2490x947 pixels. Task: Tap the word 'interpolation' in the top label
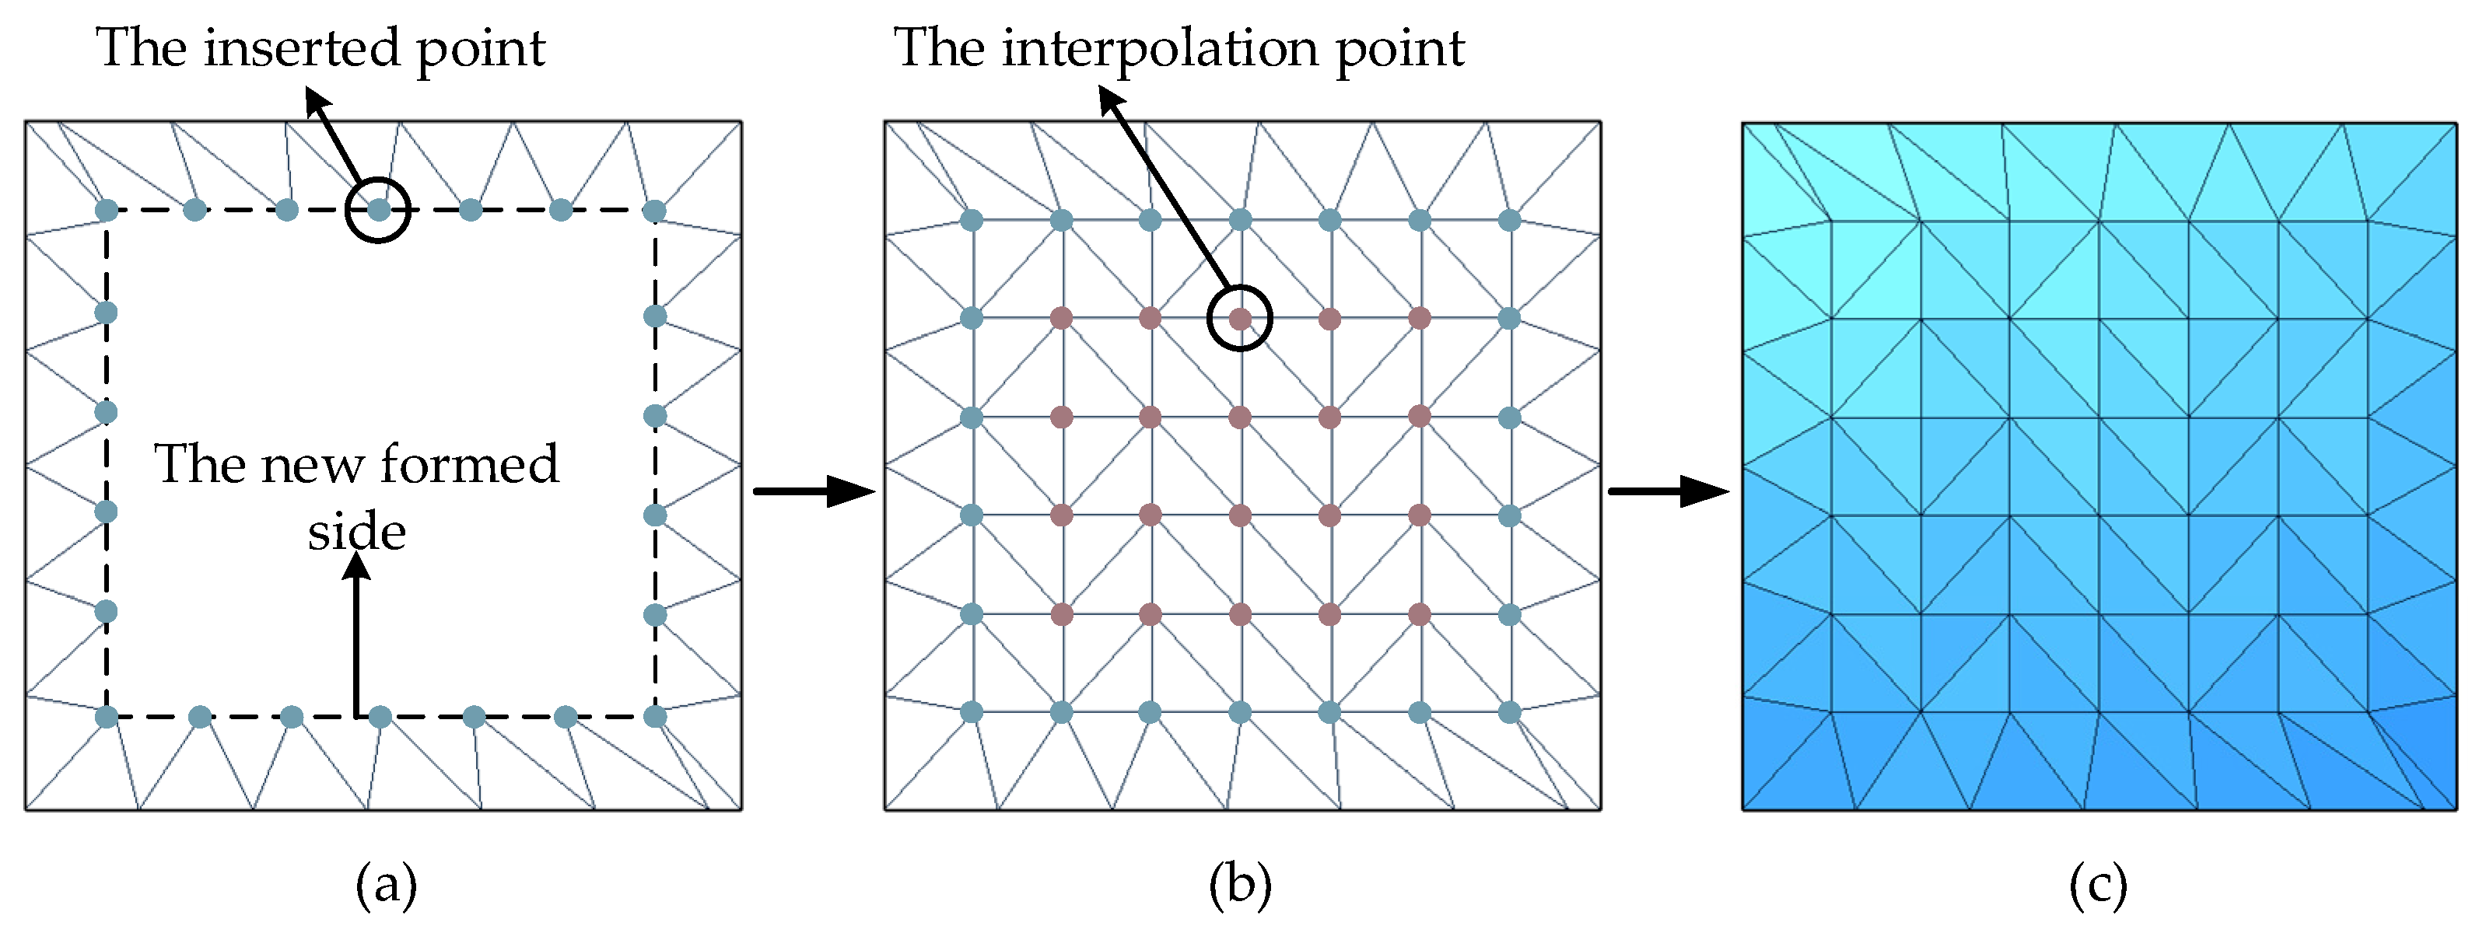click(1161, 48)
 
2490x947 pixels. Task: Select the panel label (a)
click(387, 885)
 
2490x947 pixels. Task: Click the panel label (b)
click(1240, 885)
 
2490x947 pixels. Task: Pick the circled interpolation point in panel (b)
click(1240, 318)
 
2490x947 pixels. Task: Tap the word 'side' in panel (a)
click(357, 533)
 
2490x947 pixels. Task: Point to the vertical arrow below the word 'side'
click(357, 638)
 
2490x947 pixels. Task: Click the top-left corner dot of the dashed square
click(107, 210)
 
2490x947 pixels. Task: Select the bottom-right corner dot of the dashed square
click(655, 716)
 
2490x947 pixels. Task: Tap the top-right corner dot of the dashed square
click(654, 210)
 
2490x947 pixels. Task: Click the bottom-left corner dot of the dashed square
click(107, 716)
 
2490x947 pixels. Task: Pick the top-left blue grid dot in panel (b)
click(972, 220)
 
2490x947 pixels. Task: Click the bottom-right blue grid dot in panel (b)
click(1510, 712)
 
